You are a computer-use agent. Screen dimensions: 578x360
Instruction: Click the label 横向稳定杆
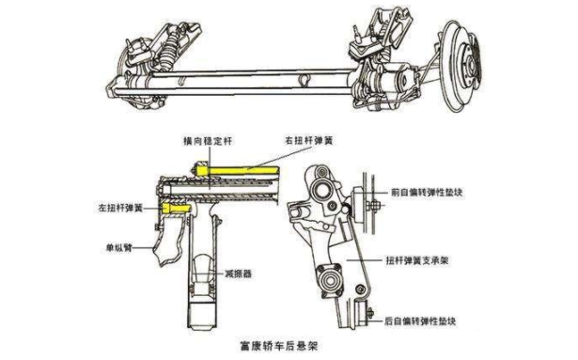(209, 141)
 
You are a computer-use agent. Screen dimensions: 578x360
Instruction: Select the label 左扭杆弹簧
(120, 208)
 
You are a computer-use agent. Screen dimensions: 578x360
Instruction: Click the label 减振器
(238, 274)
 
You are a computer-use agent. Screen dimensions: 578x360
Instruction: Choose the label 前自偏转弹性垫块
(427, 193)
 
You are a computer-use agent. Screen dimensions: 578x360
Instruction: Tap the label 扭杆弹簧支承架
(417, 260)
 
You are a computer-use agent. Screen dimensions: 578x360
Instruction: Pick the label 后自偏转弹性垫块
(420, 321)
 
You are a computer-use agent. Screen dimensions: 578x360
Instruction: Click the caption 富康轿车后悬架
(278, 346)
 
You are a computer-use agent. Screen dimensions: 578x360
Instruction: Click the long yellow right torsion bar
(238, 170)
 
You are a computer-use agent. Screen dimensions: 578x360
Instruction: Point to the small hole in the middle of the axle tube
(305, 81)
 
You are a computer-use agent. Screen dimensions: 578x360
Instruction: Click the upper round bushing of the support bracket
(321, 191)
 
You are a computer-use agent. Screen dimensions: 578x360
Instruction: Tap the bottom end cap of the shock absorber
(201, 316)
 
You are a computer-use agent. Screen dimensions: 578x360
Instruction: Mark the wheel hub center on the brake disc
(471, 65)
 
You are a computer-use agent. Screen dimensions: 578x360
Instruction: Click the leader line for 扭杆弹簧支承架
(364, 260)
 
